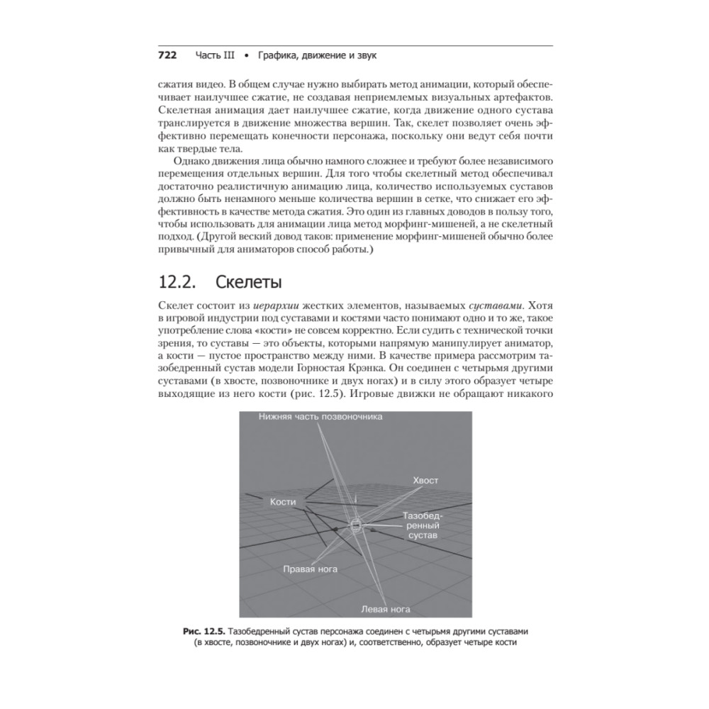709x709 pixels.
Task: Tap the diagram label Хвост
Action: (x=425, y=480)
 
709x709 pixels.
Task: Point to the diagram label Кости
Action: (x=282, y=501)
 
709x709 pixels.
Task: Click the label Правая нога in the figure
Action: (x=310, y=569)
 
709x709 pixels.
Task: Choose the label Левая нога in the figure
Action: (x=386, y=609)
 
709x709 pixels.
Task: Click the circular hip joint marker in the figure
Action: (x=357, y=525)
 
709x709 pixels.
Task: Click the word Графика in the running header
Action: (x=279, y=55)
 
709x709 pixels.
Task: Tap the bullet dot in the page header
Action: (x=246, y=55)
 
